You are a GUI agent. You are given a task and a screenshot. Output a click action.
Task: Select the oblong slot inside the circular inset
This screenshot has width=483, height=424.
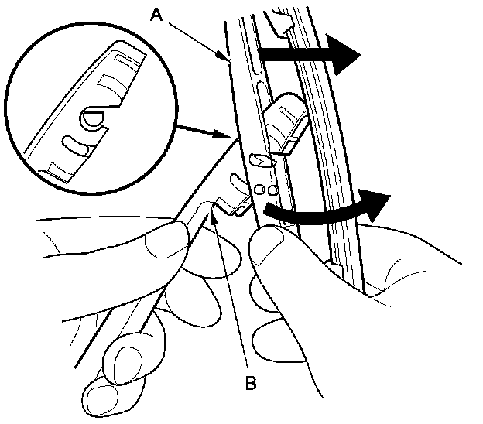75,142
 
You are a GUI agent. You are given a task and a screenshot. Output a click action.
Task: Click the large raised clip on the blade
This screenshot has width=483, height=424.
284,120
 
